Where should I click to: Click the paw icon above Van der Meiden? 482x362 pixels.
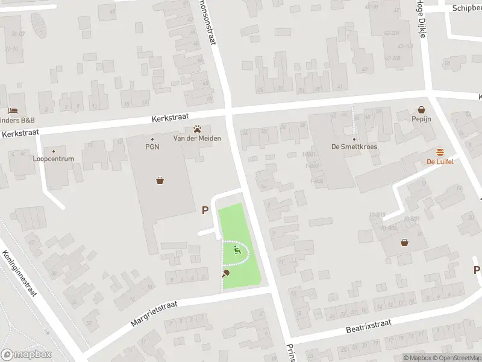tap(197, 129)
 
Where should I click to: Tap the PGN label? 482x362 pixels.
tap(152, 147)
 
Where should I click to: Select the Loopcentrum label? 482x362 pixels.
tap(53, 159)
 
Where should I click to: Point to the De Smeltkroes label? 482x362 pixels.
tap(354, 147)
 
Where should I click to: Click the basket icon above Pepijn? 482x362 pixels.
tap(422, 110)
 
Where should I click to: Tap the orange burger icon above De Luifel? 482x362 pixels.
tap(440, 152)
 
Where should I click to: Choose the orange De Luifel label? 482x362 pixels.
tap(440, 162)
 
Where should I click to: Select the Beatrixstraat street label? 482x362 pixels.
tap(369, 326)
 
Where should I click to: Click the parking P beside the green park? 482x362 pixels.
tap(205, 211)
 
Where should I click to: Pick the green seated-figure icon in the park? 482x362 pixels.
tap(236, 249)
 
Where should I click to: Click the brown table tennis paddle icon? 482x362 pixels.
tap(226, 273)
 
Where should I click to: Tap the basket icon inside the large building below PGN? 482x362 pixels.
tap(160, 180)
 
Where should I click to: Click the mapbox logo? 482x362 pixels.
tap(27, 354)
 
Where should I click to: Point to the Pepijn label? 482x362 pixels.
tap(422, 120)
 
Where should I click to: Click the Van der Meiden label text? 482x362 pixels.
tap(197, 138)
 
